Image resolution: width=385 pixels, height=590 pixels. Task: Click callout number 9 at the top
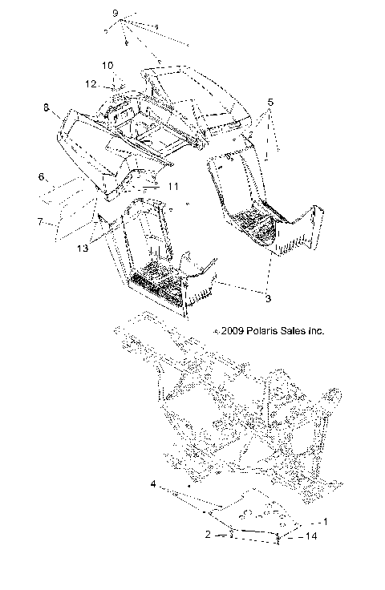pos(115,14)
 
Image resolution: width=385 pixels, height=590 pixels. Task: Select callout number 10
pos(107,65)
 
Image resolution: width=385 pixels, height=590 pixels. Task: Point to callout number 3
pos(269,297)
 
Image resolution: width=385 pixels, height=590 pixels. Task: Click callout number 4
pos(152,484)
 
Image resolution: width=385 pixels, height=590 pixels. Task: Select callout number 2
pos(208,533)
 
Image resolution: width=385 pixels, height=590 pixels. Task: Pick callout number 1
pos(325,521)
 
